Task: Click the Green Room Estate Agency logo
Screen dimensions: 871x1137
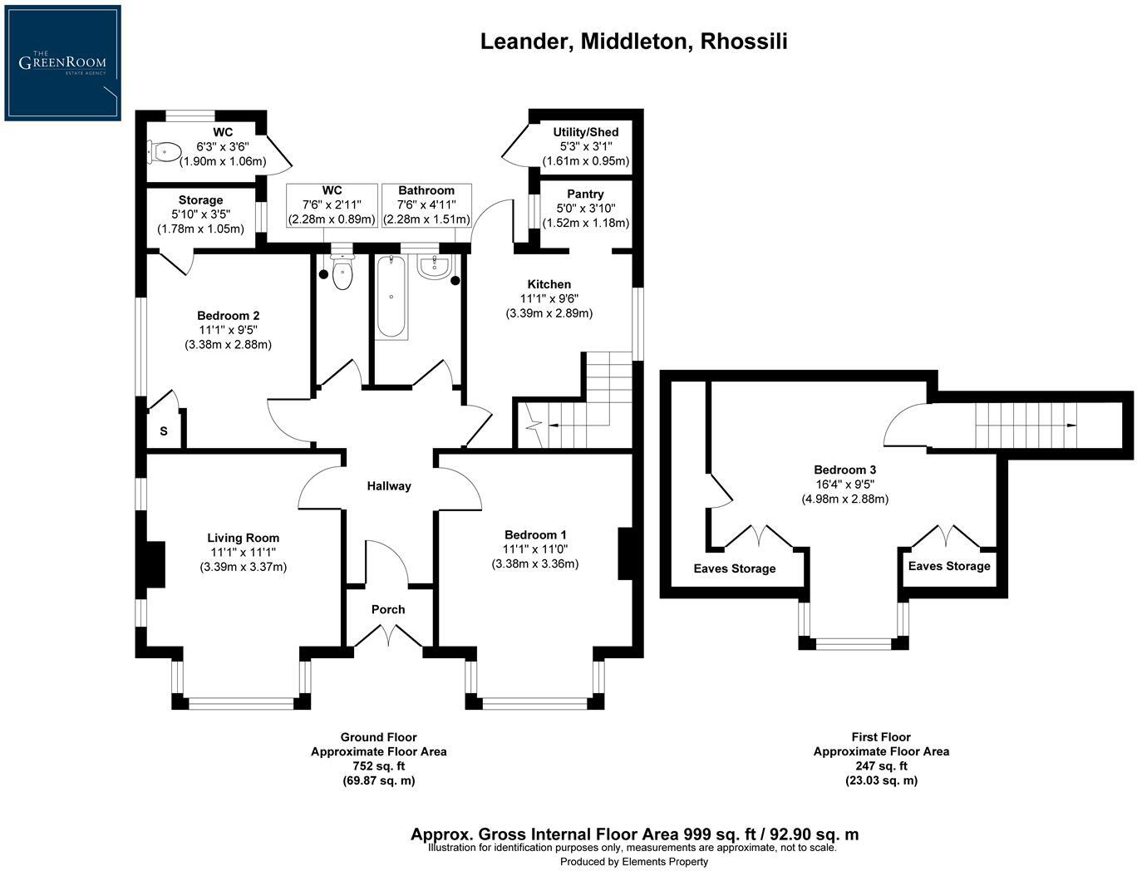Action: pos(62,62)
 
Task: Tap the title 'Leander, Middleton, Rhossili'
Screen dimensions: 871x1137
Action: pos(633,41)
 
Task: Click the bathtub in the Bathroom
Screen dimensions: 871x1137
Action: pos(391,297)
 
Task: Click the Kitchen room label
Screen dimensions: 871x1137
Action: pos(549,284)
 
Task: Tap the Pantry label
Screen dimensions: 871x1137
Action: pos(585,194)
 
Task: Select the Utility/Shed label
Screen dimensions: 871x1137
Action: pos(586,132)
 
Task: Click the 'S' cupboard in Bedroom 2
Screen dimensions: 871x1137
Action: pos(164,431)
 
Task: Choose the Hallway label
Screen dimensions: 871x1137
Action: pos(389,486)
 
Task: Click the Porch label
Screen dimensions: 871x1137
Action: pos(388,609)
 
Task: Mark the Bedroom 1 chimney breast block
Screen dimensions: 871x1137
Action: pos(628,553)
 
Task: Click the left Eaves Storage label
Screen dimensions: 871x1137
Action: pos(735,568)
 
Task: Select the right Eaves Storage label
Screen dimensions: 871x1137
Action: pos(949,566)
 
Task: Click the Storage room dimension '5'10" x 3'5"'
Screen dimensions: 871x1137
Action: pos(200,214)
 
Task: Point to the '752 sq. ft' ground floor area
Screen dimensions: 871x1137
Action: pos(378,766)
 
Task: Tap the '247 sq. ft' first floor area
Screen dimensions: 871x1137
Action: pos(881,766)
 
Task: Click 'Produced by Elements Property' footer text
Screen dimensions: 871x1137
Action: pos(633,862)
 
